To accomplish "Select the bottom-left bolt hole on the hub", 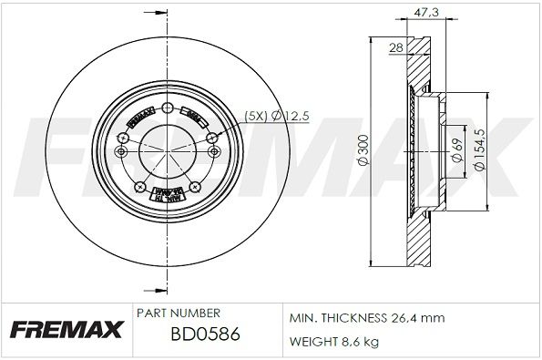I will (x=140, y=187).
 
